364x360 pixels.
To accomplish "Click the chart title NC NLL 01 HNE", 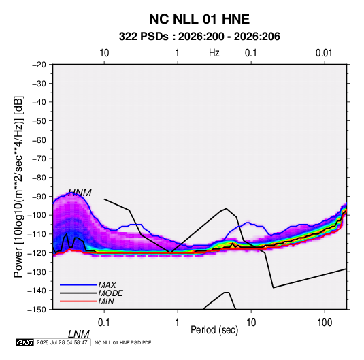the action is pos(199,19).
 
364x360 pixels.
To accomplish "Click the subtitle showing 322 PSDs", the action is pos(199,37).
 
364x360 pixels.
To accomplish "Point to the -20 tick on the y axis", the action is pos(39,65).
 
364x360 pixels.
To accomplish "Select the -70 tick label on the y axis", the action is pos(39,159).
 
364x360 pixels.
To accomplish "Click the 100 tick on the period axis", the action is pos(325,323).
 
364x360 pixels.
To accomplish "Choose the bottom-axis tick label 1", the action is pos(178,323).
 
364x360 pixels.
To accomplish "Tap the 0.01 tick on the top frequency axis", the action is pos(324,53).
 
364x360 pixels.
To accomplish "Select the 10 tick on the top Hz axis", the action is pos(104,53).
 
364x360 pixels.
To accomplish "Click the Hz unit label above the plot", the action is pos(214,53).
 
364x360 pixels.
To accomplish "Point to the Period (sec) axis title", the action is pos(214,330).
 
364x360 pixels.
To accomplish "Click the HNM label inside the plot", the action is pos(80,193).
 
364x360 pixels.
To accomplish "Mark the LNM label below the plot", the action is pos(79,334).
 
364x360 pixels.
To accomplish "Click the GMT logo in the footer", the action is pos(25,342).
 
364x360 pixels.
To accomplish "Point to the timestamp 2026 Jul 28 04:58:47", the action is pos(62,342).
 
